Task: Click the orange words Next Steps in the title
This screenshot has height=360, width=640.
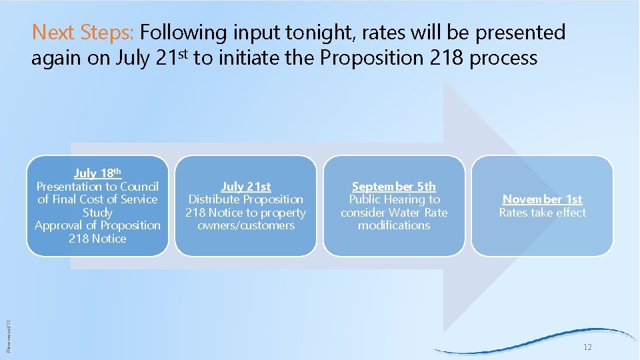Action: tap(83, 32)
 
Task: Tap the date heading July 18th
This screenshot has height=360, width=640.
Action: tap(97, 173)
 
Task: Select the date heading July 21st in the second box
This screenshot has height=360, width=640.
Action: tap(245, 187)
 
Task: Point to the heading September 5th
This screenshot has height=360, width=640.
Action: tap(394, 187)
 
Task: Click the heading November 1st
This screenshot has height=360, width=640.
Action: tap(542, 199)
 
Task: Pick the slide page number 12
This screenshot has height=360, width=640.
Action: tap(587, 348)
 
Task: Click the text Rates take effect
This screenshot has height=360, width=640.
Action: tap(542, 213)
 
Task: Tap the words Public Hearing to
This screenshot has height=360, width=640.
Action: tap(395, 199)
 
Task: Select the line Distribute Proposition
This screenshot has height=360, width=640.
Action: tap(245, 199)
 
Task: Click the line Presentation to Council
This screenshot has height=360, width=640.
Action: tap(97, 187)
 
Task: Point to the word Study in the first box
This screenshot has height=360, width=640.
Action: tap(97, 213)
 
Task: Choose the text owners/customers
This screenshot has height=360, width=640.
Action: tap(245, 225)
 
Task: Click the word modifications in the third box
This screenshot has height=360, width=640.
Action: tap(394, 225)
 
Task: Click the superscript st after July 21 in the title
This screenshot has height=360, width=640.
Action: tap(183, 52)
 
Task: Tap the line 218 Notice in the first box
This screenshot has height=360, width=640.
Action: tap(97, 239)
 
